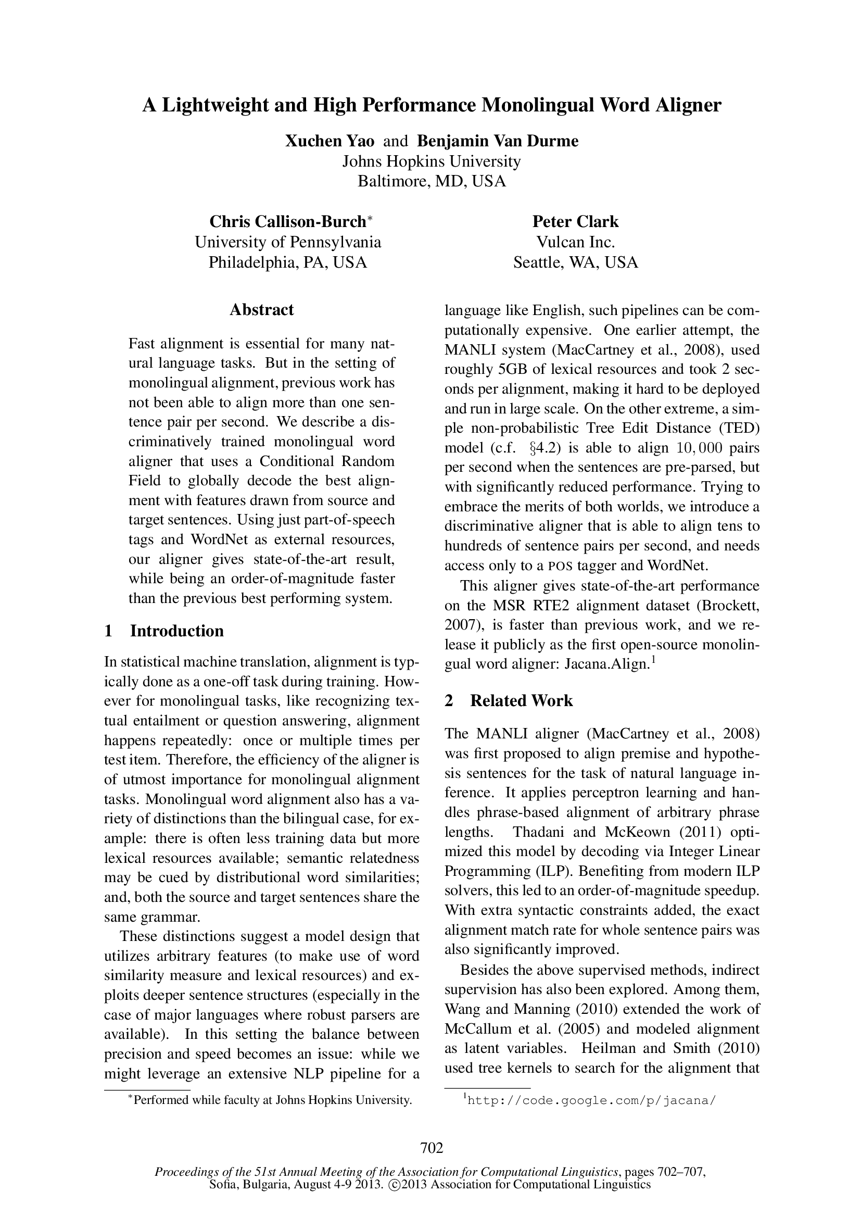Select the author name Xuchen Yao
[330, 141]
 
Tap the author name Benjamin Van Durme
[498, 141]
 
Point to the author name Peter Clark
[575, 222]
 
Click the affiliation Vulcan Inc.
[575, 243]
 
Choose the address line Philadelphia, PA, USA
[288, 262]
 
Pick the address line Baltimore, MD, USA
[432, 181]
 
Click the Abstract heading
[261, 310]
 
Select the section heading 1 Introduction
[164, 631]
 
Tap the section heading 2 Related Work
[509, 701]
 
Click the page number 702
[432, 1148]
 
